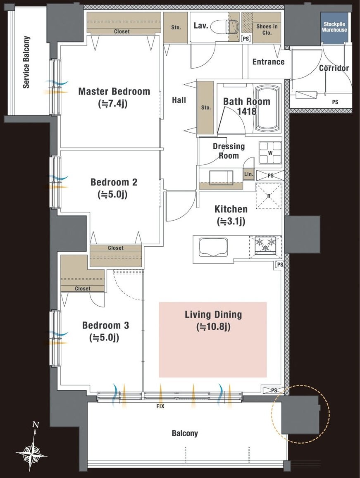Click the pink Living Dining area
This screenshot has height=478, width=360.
(212, 340)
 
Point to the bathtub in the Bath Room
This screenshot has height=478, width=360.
(267, 109)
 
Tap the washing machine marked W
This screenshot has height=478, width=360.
(270, 153)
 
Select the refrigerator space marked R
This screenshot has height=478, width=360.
(269, 196)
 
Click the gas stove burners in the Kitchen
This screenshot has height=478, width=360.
(265, 245)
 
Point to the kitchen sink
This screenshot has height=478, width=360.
(214, 247)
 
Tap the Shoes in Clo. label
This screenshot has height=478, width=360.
(267, 30)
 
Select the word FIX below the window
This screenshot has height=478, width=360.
(160, 406)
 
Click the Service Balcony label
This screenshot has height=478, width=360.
(26, 62)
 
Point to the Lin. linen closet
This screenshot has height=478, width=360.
(249, 174)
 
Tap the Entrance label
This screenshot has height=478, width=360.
(269, 62)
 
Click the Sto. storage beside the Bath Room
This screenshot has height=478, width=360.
(205, 107)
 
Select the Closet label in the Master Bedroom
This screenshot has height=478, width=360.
(122, 31)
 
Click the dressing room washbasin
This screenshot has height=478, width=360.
(221, 177)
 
